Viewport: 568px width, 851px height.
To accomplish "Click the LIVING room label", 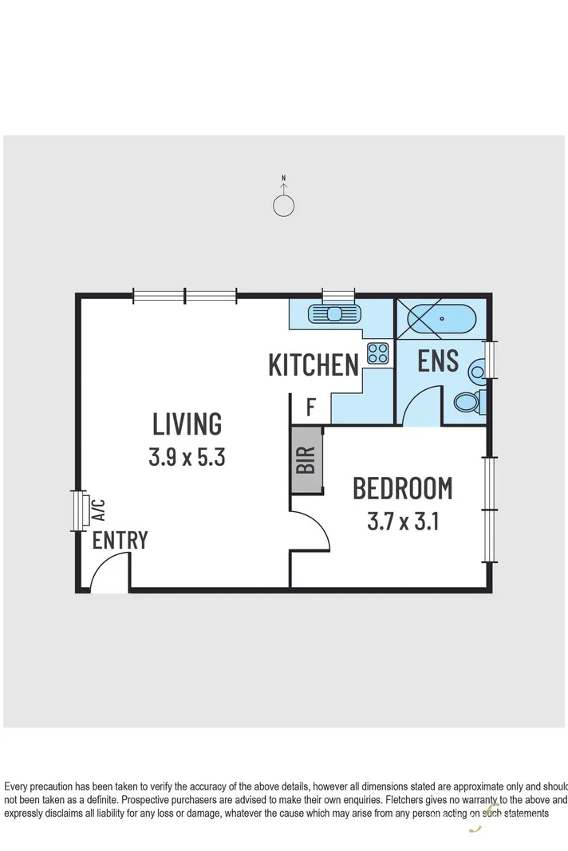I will click(187, 424).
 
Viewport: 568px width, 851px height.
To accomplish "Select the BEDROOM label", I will click(402, 487).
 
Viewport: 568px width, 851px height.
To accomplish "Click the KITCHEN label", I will click(313, 365).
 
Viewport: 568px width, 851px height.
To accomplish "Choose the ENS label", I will click(438, 360).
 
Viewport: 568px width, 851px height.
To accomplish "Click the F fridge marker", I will click(310, 408).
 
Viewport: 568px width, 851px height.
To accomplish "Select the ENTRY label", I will click(120, 540).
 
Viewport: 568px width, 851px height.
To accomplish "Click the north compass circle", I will click(283, 206).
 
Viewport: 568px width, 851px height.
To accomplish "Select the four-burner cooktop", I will click(377, 353).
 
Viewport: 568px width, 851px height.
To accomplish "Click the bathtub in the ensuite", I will click(441, 321).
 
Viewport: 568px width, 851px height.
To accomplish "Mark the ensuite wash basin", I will click(478, 369).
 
